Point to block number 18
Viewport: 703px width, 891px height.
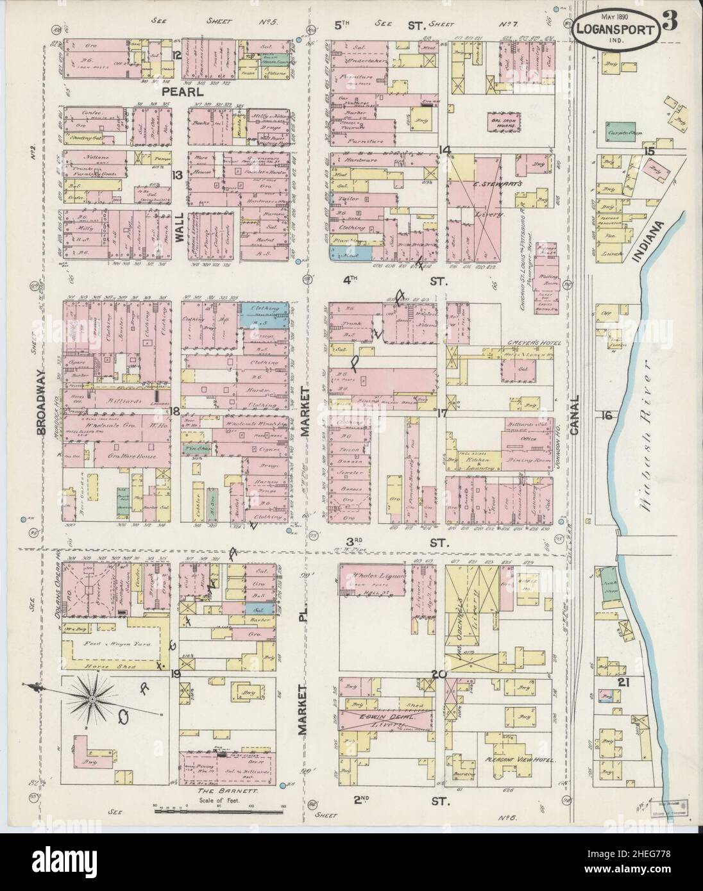click(x=174, y=410)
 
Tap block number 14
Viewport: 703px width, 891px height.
click(x=445, y=149)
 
